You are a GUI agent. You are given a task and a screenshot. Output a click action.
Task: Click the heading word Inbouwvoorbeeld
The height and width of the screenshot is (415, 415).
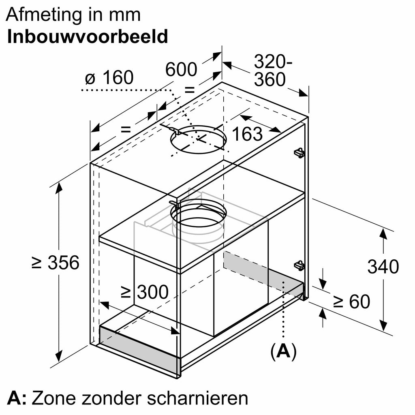[x=88, y=36]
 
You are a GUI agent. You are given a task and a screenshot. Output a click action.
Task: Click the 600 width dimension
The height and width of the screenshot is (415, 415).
[x=181, y=69]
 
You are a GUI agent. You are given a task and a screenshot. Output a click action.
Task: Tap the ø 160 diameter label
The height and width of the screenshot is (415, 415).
[x=109, y=77]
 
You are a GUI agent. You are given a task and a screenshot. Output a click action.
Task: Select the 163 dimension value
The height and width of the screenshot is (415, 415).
[x=247, y=134]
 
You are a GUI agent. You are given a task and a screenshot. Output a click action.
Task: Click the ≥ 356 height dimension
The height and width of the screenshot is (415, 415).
[x=55, y=263]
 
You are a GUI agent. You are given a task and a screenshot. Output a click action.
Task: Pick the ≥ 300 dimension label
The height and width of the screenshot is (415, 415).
[x=145, y=292]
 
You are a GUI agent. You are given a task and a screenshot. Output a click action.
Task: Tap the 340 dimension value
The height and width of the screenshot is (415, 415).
[x=383, y=267]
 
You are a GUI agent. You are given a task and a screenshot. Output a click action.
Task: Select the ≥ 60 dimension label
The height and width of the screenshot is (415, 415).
[x=352, y=301]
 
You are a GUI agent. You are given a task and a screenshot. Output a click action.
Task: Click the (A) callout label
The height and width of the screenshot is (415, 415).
[x=283, y=351]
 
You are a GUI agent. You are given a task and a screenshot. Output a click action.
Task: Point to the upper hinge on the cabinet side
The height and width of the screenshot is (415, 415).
[x=299, y=153]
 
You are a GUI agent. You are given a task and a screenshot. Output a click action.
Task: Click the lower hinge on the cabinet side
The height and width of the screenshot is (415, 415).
[x=299, y=265]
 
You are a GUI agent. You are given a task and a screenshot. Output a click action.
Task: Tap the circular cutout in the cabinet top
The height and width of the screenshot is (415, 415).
[x=199, y=140]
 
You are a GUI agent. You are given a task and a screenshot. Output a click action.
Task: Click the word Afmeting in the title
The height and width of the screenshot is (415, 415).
[x=44, y=15]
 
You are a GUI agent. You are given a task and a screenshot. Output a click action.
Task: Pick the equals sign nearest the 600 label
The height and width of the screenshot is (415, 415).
[x=190, y=90]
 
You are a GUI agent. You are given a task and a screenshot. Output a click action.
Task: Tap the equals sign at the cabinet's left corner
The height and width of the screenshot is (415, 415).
[x=126, y=129]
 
